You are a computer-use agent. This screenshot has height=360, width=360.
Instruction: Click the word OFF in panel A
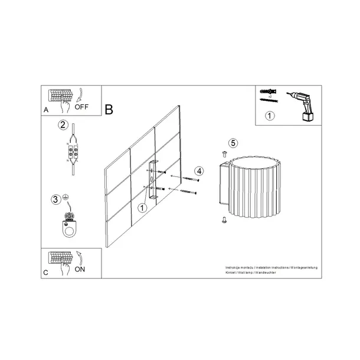(81, 109)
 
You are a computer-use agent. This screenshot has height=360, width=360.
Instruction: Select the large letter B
(109, 109)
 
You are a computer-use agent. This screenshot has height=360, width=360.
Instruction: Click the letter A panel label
(46, 110)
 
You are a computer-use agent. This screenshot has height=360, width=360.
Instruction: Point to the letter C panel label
(46, 272)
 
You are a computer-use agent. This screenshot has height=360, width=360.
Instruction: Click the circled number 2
(62, 125)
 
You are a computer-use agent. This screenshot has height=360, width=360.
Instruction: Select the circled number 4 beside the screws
(199, 171)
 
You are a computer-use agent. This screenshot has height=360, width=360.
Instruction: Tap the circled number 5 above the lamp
(233, 143)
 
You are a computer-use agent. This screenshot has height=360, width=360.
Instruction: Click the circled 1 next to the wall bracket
(142, 208)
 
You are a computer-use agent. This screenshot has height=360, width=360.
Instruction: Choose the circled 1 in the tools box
(270, 116)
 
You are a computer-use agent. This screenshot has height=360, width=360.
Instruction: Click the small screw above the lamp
(225, 153)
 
